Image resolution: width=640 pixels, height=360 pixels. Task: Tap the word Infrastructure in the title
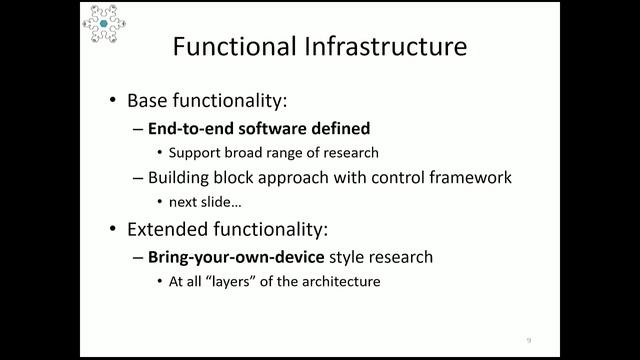(379, 47)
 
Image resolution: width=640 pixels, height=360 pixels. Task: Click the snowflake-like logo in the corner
(103, 23)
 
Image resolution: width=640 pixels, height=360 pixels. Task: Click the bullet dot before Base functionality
(112, 101)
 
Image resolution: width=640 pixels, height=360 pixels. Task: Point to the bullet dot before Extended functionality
(112, 230)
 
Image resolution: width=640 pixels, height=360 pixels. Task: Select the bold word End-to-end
(188, 128)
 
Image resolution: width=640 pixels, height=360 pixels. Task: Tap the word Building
(180, 178)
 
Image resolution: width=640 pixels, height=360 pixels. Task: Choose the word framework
(475, 178)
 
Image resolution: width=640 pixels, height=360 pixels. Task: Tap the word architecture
(343, 282)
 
